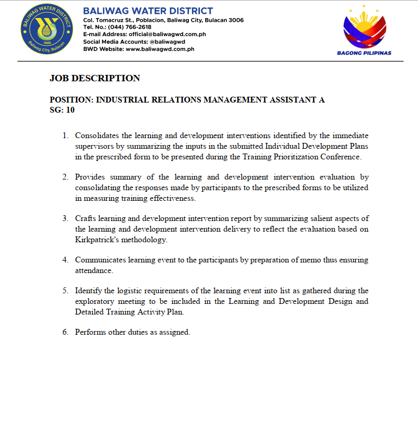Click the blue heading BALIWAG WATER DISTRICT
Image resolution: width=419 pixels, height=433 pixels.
point(148,11)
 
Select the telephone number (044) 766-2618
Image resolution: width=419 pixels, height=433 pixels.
point(129,27)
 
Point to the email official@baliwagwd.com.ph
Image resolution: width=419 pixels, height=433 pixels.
point(167,34)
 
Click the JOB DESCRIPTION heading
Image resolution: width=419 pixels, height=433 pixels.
point(95,78)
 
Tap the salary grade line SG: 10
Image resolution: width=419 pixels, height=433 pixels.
point(62,110)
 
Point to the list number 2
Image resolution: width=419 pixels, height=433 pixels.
point(65,177)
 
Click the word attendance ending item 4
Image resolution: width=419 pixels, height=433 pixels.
point(93,270)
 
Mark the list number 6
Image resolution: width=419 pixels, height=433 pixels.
point(65,332)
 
